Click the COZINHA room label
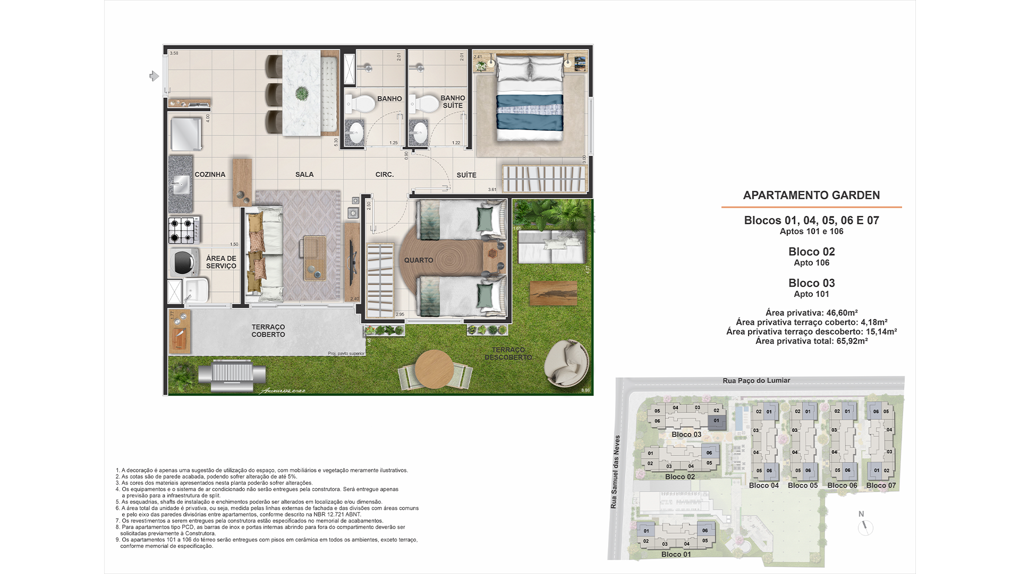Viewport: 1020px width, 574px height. pyautogui.click(x=210, y=174)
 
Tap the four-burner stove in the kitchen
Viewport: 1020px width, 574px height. pyautogui.click(x=182, y=230)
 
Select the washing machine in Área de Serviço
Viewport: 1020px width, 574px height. pyautogui.click(x=183, y=261)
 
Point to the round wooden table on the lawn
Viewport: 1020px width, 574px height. pyautogui.click(x=434, y=369)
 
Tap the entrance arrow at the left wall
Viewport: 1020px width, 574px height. pyautogui.click(x=154, y=77)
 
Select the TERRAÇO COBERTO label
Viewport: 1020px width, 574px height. pyautogui.click(x=268, y=331)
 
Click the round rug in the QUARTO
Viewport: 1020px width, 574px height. pyautogui.click(x=441, y=260)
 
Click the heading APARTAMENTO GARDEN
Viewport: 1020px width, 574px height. pyautogui.click(x=811, y=195)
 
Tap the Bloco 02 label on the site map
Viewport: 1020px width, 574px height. pyautogui.click(x=680, y=477)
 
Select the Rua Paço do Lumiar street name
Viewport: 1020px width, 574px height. pyautogui.click(x=756, y=381)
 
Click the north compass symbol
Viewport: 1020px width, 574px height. pyautogui.click(x=865, y=527)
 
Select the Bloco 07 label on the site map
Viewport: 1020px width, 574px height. pyautogui.click(x=881, y=485)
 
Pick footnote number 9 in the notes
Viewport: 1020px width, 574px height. pyautogui.click(x=117, y=540)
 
